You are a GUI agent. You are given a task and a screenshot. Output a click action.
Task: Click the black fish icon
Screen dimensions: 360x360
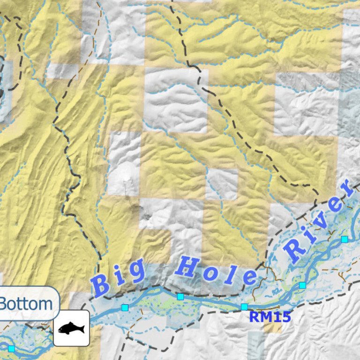(71, 328)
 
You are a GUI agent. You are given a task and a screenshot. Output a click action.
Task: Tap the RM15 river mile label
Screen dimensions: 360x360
(270, 317)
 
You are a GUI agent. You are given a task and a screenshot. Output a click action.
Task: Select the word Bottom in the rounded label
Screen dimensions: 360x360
(26, 304)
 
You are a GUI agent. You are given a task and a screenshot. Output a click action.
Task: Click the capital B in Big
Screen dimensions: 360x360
(101, 285)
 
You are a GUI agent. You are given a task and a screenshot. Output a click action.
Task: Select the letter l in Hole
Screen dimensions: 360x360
(230, 273)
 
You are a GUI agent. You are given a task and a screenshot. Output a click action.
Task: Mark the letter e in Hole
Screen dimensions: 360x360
(249, 277)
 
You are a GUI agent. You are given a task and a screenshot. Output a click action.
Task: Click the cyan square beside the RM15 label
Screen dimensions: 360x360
(244, 307)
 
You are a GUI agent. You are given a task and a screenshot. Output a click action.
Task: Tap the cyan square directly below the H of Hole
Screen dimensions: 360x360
(180, 296)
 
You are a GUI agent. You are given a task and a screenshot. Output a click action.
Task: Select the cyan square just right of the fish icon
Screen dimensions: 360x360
(125, 307)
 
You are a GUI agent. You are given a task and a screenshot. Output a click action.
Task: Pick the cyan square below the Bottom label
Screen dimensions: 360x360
(11, 349)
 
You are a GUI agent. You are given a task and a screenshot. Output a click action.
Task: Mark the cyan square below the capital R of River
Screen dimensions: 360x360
(302, 285)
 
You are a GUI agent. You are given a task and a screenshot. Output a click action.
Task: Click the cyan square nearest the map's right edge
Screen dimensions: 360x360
(345, 239)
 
